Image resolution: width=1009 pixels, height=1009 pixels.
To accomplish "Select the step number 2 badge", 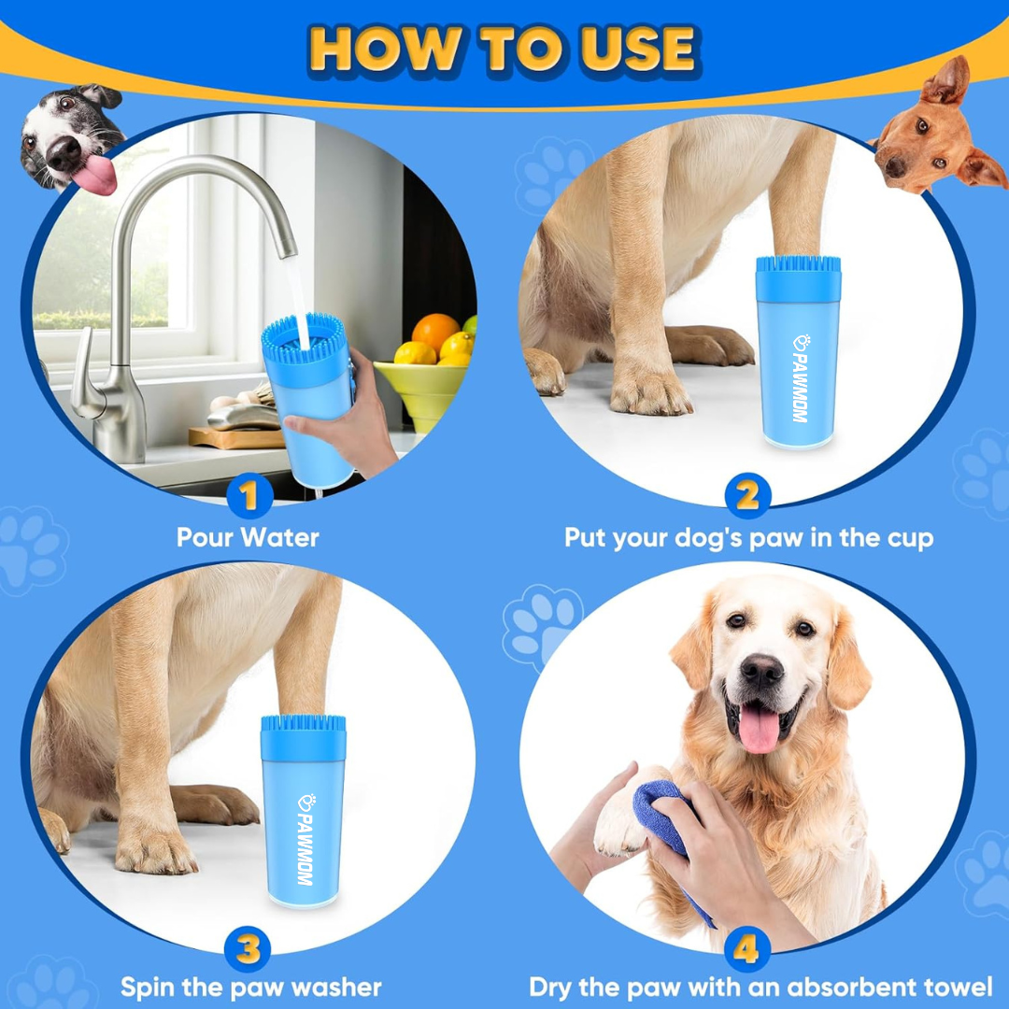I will [747, 496].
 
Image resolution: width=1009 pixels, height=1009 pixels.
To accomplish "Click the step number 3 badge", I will [248, 949].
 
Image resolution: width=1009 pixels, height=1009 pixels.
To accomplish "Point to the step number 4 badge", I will [746, 949].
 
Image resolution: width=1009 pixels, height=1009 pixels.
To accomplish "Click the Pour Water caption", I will [248, 538].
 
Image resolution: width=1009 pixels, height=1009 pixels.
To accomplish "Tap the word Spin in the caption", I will [150, 988].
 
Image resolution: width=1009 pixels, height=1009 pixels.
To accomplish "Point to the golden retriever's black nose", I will [761, 670].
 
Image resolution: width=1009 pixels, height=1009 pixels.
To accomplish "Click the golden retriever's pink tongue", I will [759, 729].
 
